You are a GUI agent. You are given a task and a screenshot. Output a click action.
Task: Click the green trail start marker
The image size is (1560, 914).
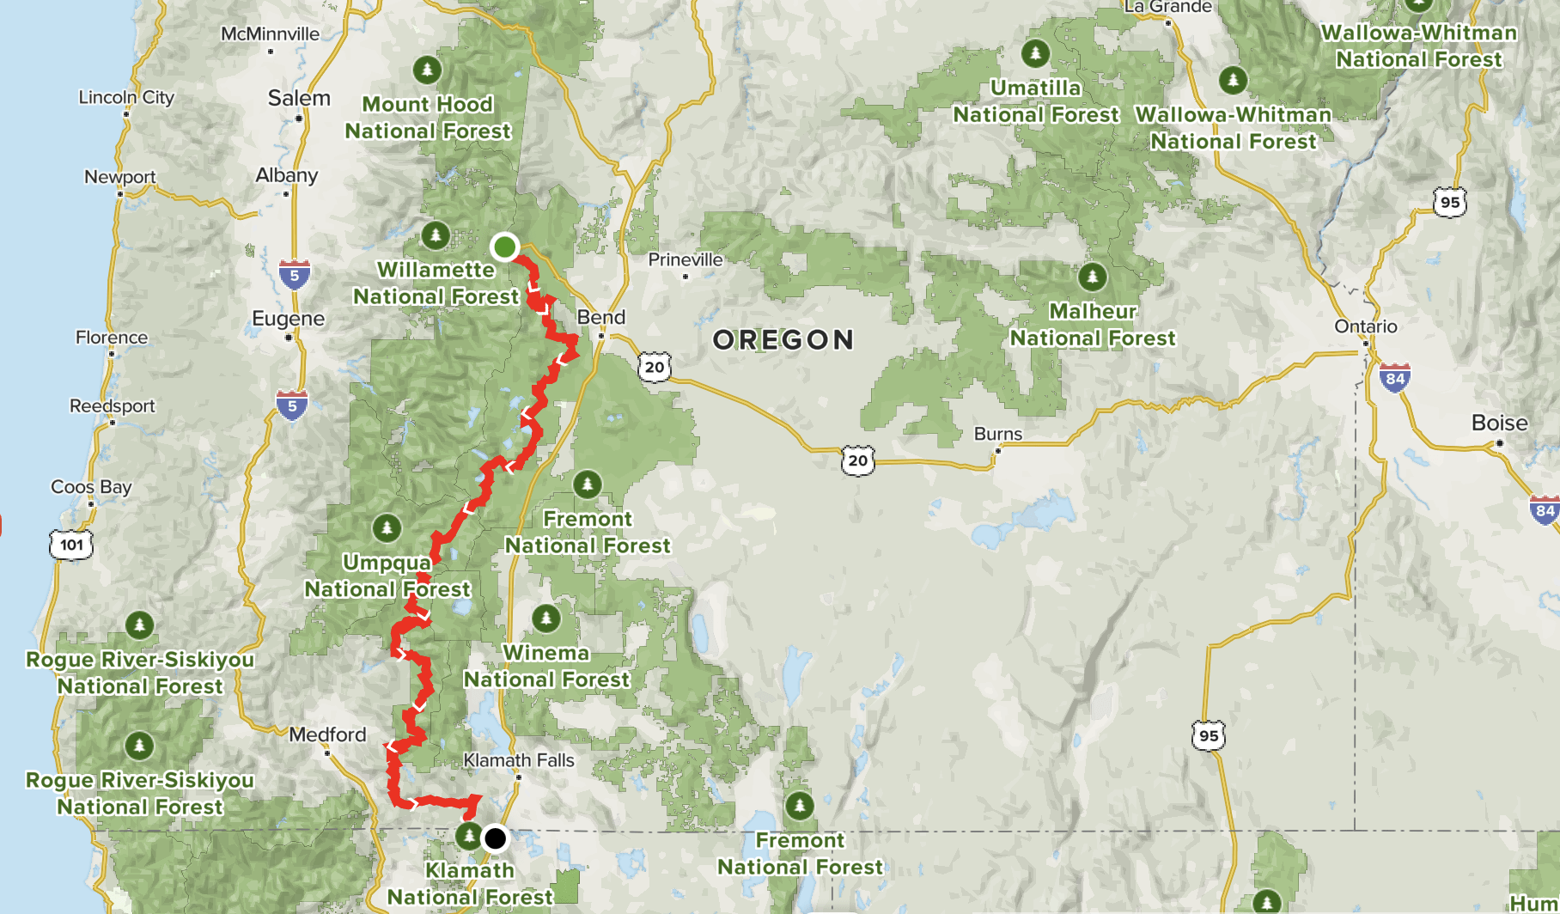tap(504, 247)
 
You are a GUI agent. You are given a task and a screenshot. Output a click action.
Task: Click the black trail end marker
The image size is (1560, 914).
tap(495, 838)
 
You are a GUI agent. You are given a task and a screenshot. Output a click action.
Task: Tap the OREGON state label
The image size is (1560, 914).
tap(783, 340)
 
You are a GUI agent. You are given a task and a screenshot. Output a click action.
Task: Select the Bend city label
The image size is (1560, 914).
tap(601, 317)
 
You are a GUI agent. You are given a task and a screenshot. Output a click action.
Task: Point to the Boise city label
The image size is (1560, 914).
tap(1499, 423)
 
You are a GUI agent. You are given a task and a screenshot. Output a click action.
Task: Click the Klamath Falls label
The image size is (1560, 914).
tap(519, 760)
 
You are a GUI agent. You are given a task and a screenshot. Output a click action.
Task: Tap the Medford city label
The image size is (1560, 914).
tap(327, 734)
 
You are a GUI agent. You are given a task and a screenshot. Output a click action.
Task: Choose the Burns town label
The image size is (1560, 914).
tap(998, 434)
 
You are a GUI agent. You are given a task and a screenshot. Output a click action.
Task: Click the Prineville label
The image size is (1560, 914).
tap(686, 259)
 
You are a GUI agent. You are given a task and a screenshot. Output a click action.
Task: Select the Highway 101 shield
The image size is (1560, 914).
tap(71, 545)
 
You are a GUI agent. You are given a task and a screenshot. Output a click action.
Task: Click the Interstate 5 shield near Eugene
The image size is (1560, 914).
tap(294, 275)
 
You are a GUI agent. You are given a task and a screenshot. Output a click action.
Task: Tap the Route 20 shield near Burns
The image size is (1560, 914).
tap(857, 460)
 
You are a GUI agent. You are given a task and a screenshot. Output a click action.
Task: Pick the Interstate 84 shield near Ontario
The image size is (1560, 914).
tap(1395, 378)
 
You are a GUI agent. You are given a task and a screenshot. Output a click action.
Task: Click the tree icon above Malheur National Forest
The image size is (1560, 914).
tap(1093, 277)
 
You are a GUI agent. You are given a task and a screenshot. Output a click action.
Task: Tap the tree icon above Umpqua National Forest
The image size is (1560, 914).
tap(387, 527)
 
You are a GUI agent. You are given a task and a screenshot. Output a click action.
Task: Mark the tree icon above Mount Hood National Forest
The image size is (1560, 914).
tap(427, 69)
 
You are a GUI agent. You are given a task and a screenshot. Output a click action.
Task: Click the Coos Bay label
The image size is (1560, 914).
tap(91, 487)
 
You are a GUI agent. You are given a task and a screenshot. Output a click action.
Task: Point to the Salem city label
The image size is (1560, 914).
tap(299, 98)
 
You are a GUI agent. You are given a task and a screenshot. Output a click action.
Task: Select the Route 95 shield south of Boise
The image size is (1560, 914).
tap(1209, 735)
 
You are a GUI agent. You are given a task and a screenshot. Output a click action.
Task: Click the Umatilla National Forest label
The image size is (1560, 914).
tap(1036, 101)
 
